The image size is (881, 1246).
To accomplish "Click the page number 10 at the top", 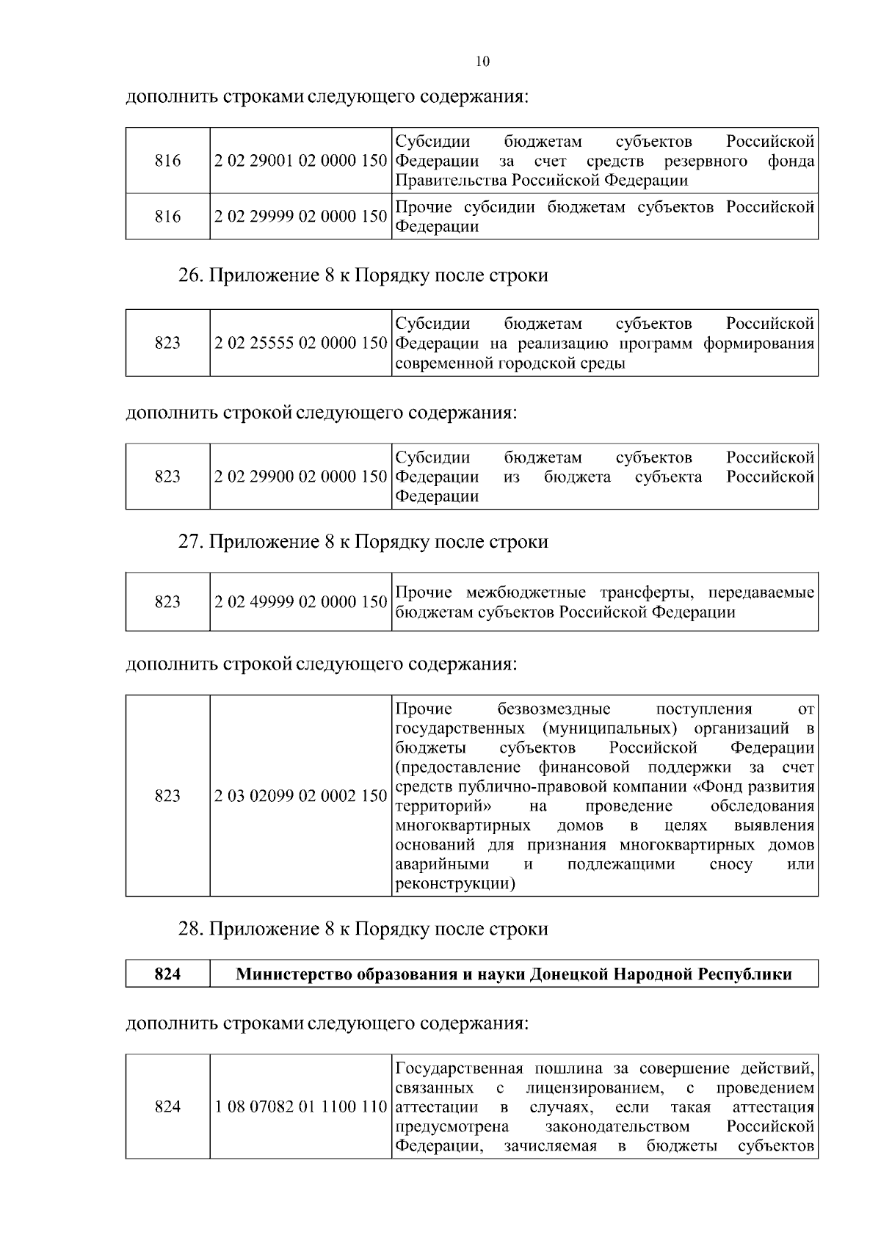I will click(482, 62).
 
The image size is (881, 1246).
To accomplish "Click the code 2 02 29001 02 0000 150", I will click(300, 161).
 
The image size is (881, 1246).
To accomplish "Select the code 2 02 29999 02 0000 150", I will click(300, 217).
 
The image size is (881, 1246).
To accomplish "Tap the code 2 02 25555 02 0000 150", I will click(300, 343).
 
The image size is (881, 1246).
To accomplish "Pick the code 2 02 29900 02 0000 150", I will click(300, 477).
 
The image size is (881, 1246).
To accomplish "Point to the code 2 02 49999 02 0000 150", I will click(300, 602).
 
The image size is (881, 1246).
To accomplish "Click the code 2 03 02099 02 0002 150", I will click(300, 796).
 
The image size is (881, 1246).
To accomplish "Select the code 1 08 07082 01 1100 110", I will click(300, 1107).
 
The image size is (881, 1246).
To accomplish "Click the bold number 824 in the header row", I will click(167, 974).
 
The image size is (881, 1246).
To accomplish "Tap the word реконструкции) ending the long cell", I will click(454, 884).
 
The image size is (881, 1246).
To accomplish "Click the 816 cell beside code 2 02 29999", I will click(167, 217).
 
